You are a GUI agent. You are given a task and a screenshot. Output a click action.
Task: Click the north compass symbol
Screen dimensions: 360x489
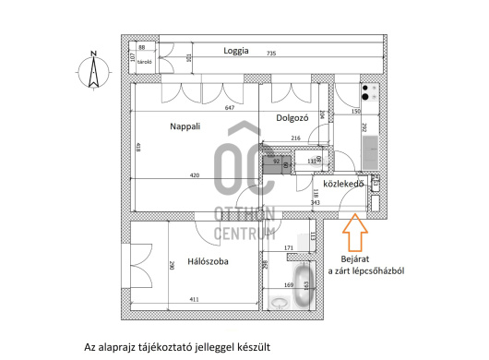[x=93, y=72]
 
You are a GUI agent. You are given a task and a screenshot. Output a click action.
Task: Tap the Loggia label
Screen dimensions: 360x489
[x=235, y=52]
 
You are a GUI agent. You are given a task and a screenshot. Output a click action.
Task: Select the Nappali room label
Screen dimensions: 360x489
[x=186, y=126]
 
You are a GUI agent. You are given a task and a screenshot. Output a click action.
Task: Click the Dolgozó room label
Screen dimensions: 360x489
[x=292, y=117]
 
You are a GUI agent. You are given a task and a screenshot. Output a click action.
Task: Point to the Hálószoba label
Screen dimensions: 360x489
[x=208, y=262]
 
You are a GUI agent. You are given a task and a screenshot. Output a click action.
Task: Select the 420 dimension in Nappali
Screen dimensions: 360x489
[x=196, y=174]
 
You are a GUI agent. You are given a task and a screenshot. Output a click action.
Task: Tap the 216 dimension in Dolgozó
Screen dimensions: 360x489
[x=296, y=138]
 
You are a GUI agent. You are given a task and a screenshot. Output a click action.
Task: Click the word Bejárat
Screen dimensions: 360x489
[x=356, y=258]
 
